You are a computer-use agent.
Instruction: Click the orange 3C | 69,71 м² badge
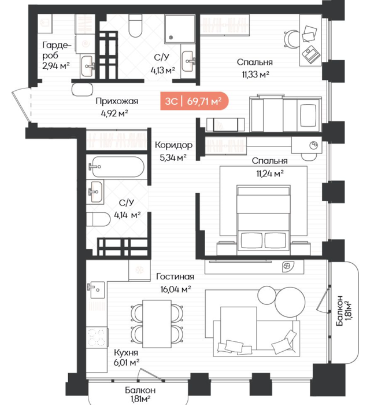[x=194, y=101]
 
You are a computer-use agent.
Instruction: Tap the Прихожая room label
[x=117, y=101]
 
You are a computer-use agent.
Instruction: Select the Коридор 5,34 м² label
[x=173, y=151]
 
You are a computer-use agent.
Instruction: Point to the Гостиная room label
[x=175, y=277]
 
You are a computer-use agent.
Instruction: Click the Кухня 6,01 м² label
[x=126, y=358]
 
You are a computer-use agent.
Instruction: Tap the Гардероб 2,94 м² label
[x=56, y=56]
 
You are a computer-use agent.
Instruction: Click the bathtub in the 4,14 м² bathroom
[x=116, y=167]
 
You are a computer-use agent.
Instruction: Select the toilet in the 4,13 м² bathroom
[x=135, y=25]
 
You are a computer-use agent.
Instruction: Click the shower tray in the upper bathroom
[x=180, y=29]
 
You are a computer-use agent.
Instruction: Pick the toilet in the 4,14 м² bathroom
[x=98, y=219]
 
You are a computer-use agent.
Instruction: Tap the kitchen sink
[x=96, y=290]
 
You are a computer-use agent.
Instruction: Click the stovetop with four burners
[x=97, y=337]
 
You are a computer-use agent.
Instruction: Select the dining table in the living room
[x=157, y=324]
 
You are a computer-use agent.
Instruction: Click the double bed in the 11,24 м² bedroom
[x=264, y=218]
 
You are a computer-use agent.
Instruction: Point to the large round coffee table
[x=290, y=302]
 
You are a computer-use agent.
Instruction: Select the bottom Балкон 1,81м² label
[x=140, y=394]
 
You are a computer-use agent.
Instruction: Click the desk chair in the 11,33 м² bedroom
[x=291, y=39]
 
